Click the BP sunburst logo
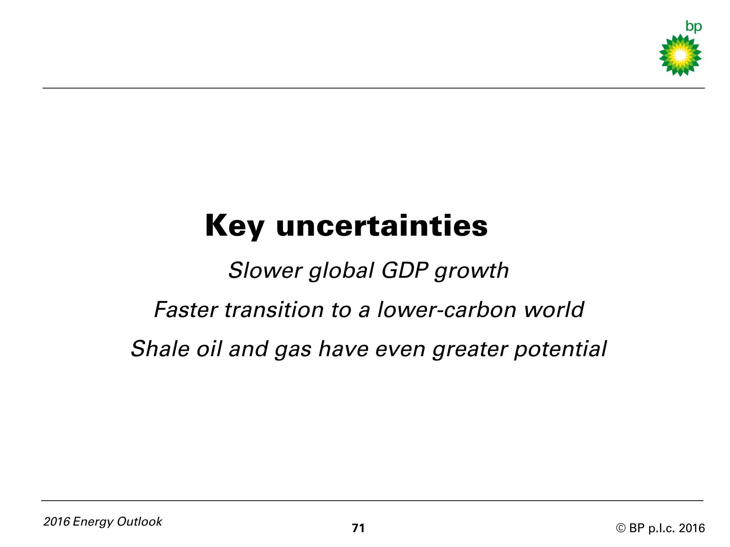pos(680,55)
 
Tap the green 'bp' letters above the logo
pos(693,27)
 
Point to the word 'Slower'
pos(265,270)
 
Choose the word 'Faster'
pos(186,309)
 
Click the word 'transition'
pos(274,309)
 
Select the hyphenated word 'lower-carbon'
pos(447,309)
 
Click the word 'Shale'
pos(160,349)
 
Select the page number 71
pos(358,528)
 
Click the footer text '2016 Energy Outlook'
pos(103,522)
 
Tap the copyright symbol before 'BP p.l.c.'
pos(621,528)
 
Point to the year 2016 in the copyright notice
pos(692,528)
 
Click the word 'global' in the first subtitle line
pos(341,271)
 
